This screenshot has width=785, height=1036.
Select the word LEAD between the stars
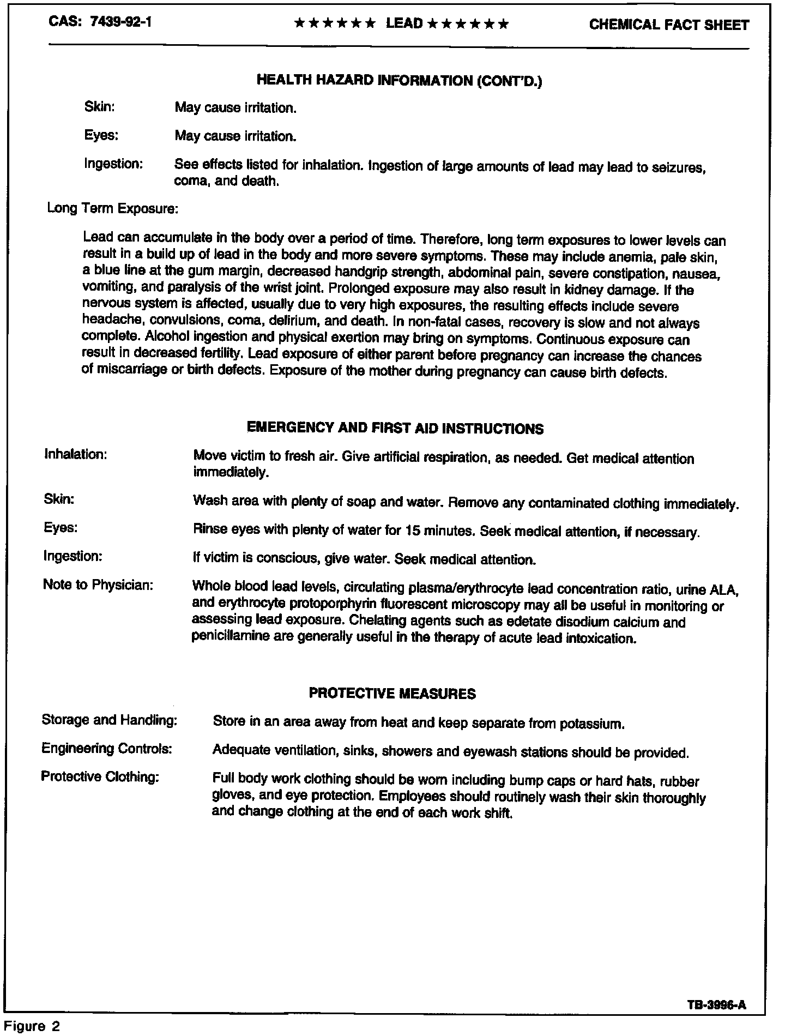pos(404,23)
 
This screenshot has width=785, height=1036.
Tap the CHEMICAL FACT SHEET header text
pos(669,25)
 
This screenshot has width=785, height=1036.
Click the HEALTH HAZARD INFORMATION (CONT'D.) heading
pos(399,81)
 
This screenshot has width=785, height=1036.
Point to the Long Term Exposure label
pos(113,208)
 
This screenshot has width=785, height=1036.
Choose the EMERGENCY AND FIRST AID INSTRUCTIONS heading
pos(395,428)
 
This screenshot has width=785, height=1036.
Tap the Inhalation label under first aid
pos(75,454)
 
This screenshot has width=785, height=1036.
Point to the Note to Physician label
pos(98,585)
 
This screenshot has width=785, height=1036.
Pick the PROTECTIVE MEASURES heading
pos(392,694)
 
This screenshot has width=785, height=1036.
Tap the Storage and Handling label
pos(110,720)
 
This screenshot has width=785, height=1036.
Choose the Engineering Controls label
pos(107,749)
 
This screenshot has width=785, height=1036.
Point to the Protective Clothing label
pos(100,776)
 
